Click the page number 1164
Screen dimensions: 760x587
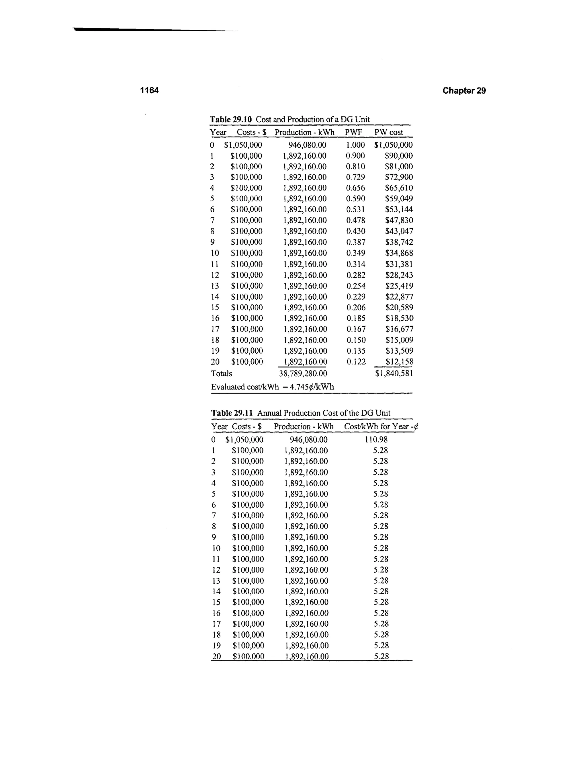coord(149,90)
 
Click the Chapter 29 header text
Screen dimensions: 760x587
coord(464,91)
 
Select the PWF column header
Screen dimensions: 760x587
coord(353,132)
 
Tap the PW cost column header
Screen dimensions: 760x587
coord(388,132)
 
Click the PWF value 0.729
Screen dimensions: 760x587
coord(355,177)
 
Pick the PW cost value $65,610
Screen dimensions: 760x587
coord(399,188)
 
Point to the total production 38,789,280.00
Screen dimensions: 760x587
coord(303,373)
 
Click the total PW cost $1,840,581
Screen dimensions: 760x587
coord(394,373)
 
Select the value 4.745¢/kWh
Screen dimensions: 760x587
coord(312,387)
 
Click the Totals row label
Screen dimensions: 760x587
coord(221,373)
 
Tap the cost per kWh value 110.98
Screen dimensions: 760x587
coord(376,439)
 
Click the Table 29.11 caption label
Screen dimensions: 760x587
coord(232,413)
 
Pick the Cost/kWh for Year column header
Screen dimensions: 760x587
coord(381,427)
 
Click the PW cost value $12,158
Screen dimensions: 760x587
coord(399,362)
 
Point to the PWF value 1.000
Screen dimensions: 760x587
coord(355,145)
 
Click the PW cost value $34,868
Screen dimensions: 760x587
coord(399,253)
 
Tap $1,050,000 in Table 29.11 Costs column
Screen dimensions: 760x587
coord(244,439)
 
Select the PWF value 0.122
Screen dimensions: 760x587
coord(356,362)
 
